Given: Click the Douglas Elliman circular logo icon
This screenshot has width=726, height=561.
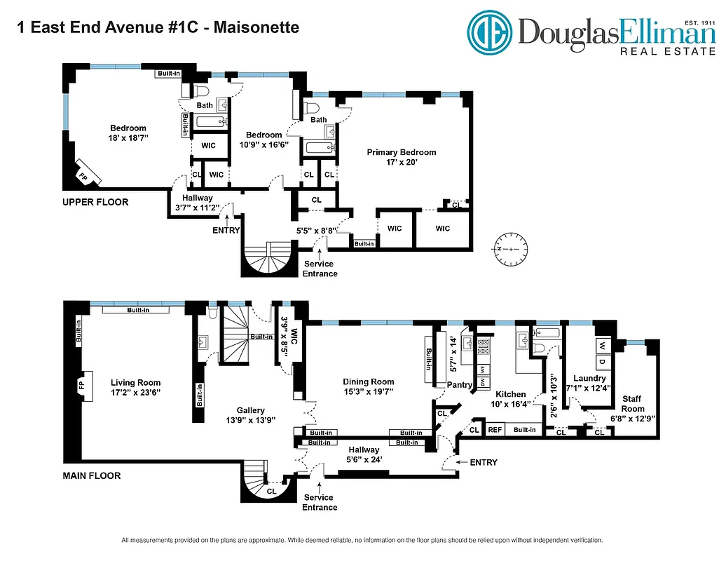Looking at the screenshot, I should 491,32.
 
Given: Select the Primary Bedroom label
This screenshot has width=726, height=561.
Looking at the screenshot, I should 402,152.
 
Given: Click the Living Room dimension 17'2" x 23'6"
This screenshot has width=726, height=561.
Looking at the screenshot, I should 135,393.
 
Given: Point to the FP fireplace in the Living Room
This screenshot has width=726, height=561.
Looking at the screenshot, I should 84,385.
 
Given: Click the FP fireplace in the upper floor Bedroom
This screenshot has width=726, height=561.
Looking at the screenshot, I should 84,175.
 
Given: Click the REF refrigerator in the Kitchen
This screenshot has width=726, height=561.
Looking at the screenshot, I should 495,429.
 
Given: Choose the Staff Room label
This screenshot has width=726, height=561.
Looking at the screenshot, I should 633,404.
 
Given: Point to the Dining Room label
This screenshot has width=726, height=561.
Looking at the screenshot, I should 369,382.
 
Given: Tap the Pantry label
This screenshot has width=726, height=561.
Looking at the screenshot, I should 459,385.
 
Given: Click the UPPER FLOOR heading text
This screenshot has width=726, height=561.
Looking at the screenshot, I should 95,202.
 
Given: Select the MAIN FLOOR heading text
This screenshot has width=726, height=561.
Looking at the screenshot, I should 92,475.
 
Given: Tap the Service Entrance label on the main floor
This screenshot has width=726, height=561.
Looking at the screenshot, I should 320,502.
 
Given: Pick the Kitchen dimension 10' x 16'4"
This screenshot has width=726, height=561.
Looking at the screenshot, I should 511,404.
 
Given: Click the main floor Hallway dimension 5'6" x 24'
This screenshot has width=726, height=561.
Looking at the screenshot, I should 364,459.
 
